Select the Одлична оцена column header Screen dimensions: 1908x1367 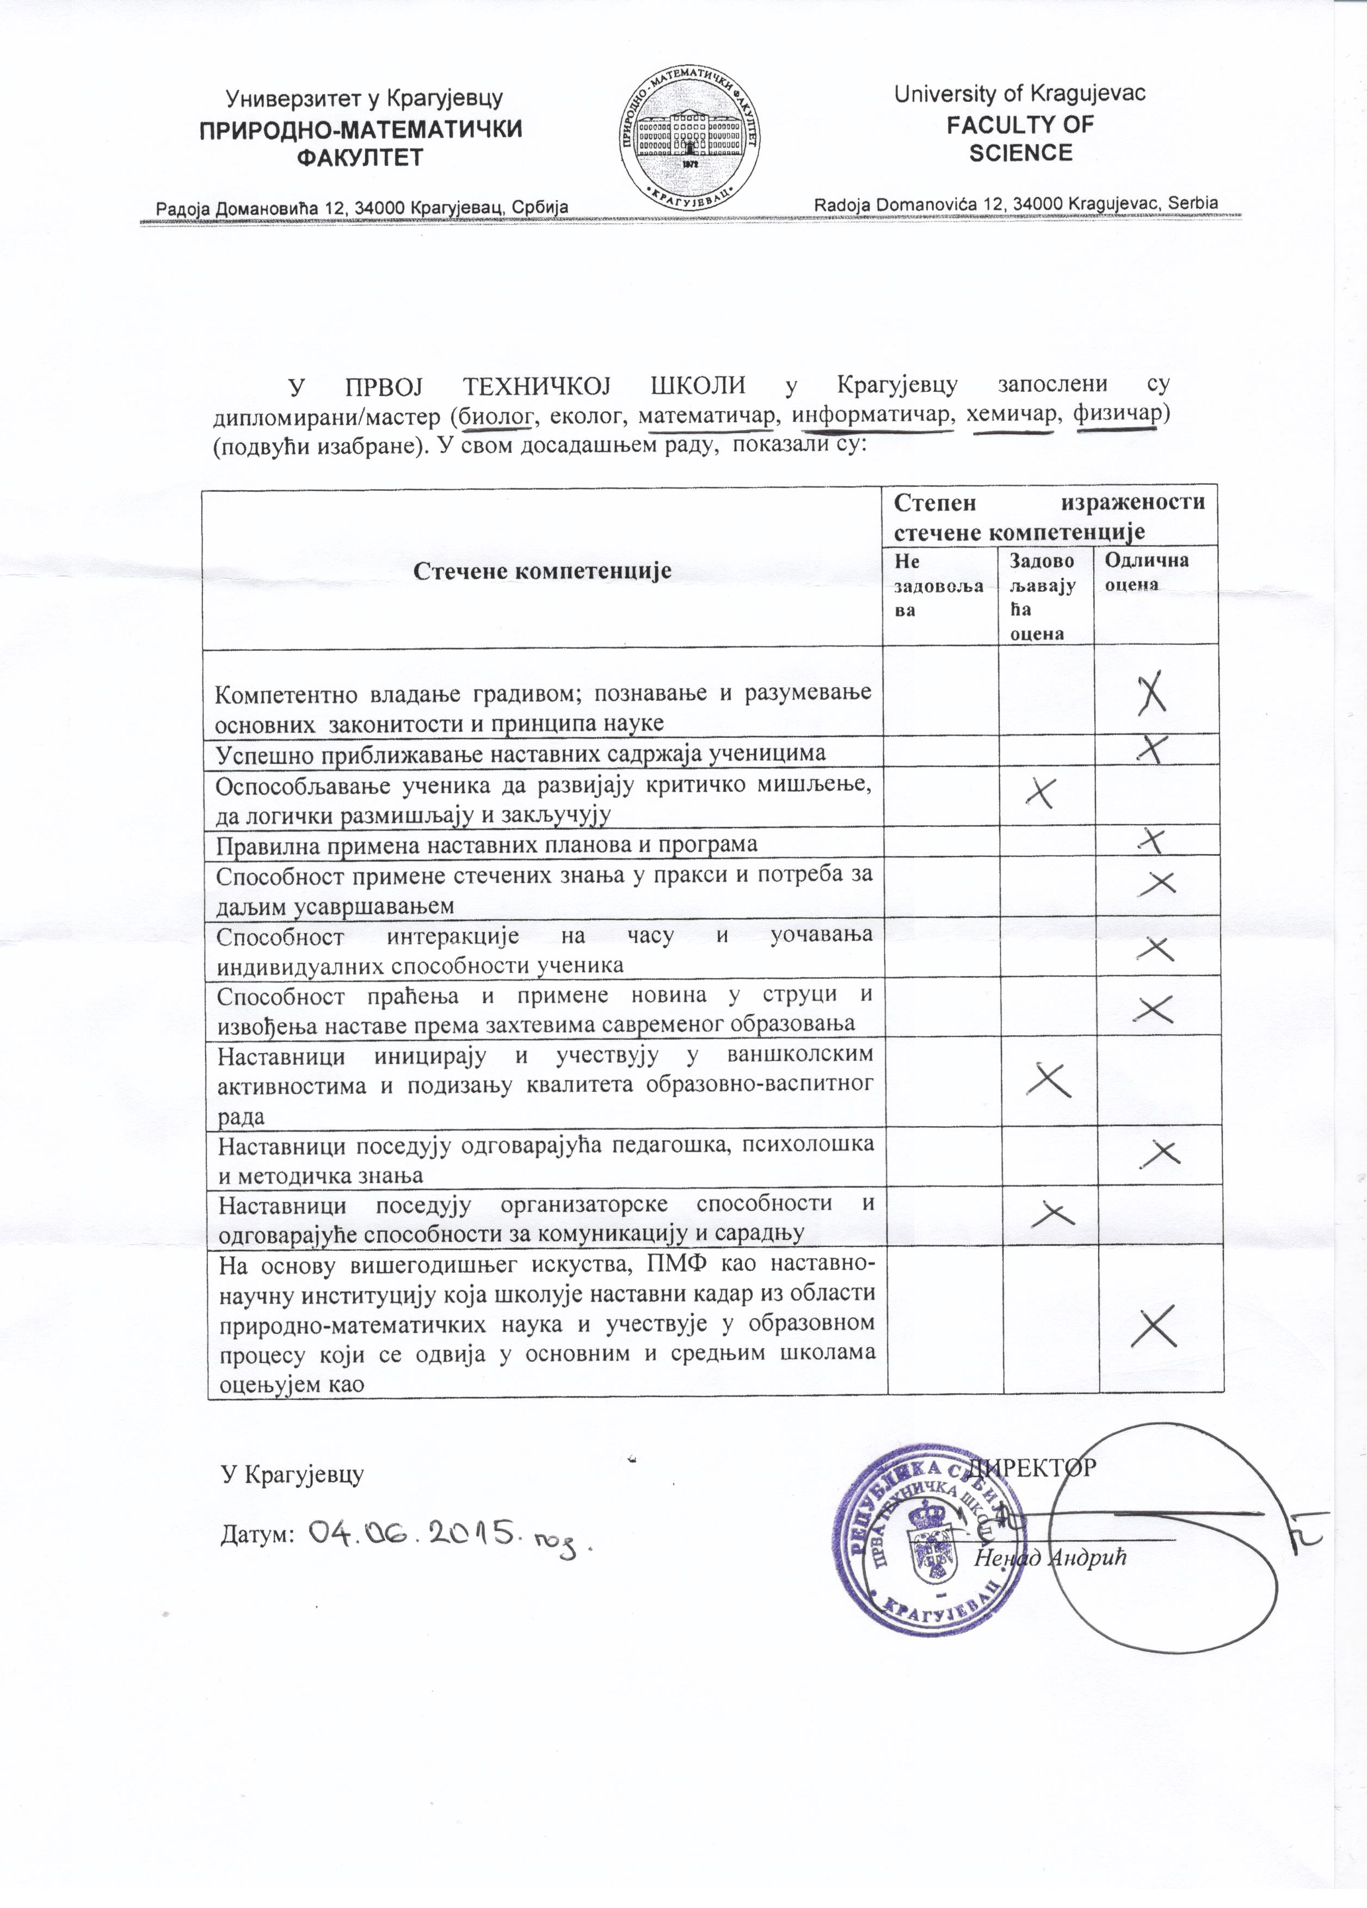click(1146, 572)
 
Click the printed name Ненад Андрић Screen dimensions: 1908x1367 click(1050, 1557)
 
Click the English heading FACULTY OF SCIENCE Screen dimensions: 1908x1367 click(1020, 139)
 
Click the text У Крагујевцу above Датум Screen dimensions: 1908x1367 click(291, 1474)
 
